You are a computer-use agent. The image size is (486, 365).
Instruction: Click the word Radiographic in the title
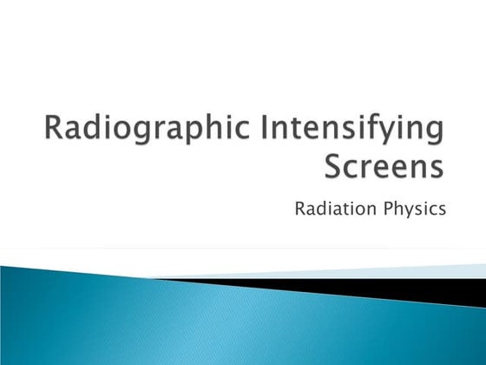point(138,130)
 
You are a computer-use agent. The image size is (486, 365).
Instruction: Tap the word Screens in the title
point(382,165)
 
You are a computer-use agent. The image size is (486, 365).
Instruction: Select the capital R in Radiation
point(300,209)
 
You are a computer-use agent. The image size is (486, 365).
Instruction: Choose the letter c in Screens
point(351,167)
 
